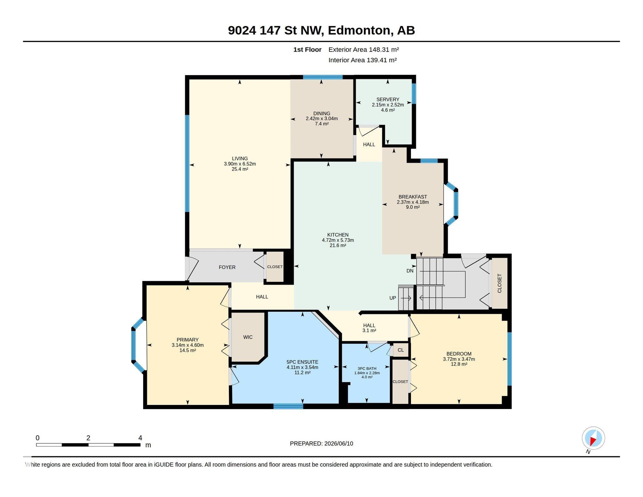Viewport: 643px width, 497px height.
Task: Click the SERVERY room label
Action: coord(388,100)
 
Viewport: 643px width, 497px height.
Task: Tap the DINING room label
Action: coord(321,113)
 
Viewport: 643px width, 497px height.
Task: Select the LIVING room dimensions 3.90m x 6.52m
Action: coord(240,164)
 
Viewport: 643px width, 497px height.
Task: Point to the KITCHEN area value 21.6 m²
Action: coord(338,245)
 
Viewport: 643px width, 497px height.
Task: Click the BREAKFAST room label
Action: coord(413,197)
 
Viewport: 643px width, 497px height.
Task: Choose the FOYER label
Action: coord(227,267)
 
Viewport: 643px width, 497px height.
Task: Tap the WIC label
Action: coord(248,337)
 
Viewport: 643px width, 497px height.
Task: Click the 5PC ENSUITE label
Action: coord(302,362)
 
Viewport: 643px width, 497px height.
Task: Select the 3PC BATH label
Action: coord(367,369)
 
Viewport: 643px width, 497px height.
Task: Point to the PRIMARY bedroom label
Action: coord(187,340)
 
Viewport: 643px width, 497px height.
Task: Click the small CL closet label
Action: coord(401,350)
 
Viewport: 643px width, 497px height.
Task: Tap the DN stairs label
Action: coord(410,271)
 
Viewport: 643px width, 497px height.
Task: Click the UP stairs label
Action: coord(393,298)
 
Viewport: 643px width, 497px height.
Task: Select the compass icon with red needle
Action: coord(593,438)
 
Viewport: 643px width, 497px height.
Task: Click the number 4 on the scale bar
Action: coord(140,438)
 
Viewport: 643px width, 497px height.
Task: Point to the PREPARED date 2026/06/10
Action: coord(339,444)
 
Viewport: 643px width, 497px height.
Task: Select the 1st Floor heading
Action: coord(307,50)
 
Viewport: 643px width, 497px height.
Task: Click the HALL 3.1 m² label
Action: coord(369,328)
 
